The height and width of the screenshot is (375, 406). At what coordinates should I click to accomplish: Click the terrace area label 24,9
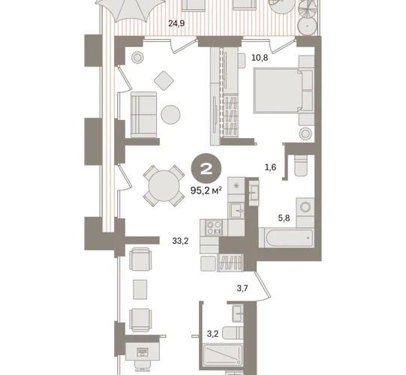pyautogui.click(x=176, y=23)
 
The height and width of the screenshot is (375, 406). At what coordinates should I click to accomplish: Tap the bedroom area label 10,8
pyautogui.click(x=260, y=58)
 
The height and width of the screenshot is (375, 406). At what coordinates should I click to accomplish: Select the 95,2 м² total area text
pyautogui.click(x=206, y=191)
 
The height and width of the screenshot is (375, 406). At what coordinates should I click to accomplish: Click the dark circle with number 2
pyautogui.click(x=206, y=169)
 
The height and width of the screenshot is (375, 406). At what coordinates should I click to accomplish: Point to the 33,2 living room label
pyautogui.click(x=180, y=241)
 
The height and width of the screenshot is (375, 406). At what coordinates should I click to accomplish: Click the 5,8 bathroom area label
pyautogui.click(x=284, y=218)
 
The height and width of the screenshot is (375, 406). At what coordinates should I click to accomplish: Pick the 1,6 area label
pyautogui.click(x=270, y=168)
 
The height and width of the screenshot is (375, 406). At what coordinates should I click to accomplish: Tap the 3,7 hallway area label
pyautogui.click(x=242, y=288)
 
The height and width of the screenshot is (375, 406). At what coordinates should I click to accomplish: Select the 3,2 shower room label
pyautogui.click(x=212, y=334)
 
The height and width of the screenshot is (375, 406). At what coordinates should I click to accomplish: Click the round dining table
pyautogui.click(x=164, y=186)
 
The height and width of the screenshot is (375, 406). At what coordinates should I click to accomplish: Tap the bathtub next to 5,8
pyautogui.click(x=286, y=238)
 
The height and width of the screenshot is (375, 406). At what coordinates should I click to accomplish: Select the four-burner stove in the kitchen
pyautogui.click(x=214, y=228)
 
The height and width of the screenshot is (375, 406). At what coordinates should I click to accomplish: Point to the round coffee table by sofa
pyautogui.click(x=170, y=115)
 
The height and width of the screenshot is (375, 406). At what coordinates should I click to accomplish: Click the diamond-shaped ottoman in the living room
pyautogui.click(x=164, y=81)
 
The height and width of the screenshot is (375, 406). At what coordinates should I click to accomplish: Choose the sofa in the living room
pyautogui.click(x=143, y=115)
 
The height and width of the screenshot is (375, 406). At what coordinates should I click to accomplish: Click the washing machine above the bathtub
pyautogui.click(x=305, y=208)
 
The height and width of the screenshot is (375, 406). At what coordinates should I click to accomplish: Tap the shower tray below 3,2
pyautogui.click(x=223, y=355)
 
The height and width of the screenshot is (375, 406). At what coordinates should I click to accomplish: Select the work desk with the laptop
pyautogui.click(x=143, y=351)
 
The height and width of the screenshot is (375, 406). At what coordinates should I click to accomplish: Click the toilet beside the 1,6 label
pyautogui.click(x=301, y=166)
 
